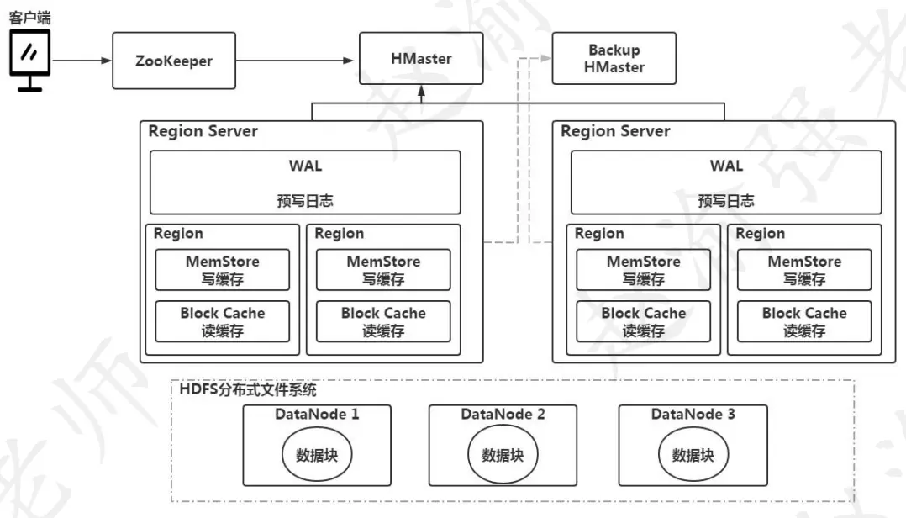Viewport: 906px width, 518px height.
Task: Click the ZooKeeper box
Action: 174,61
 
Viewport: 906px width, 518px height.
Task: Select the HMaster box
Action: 421,59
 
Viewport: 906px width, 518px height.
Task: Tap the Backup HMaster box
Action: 614,59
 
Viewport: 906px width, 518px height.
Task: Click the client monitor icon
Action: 29,56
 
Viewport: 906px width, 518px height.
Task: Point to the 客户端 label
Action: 29,17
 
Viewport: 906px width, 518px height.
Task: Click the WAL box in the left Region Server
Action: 305,182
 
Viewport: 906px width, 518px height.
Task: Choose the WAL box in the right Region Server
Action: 726,182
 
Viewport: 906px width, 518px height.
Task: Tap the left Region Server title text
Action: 203,131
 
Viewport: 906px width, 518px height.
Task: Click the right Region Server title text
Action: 615,131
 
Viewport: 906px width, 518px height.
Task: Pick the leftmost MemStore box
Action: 222,270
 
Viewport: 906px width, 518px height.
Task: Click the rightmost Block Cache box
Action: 804,321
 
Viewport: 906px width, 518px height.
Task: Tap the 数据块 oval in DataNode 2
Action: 503,455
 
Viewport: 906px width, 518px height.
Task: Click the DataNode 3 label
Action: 693,414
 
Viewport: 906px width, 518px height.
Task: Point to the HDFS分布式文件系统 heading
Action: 248,390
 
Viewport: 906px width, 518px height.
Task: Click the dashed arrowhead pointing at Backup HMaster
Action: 547,59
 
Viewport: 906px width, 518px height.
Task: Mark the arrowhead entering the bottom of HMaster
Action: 421,91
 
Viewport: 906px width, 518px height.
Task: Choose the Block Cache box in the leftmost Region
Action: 222,321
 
